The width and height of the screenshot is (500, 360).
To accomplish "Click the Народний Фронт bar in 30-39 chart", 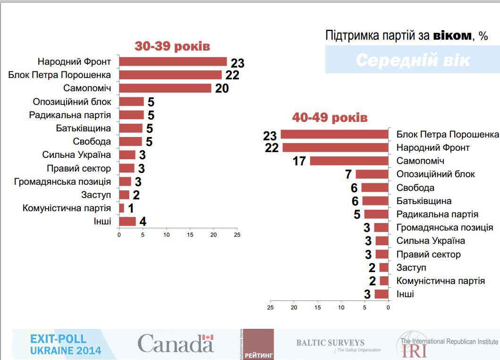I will [x=173, y=61].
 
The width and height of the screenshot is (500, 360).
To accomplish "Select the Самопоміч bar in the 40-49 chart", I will [x=349, y=161].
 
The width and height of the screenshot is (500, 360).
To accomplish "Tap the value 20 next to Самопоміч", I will [x=222, y=88].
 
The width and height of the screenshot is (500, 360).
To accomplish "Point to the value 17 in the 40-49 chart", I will [x=299, y=162].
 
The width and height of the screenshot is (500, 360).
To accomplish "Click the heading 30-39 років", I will [x=172, y=46].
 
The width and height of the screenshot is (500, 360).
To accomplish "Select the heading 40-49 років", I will [x=330, y=118].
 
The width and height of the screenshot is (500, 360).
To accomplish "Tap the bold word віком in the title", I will [x=452, y=36].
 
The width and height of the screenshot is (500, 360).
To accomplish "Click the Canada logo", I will [x=176, y=343].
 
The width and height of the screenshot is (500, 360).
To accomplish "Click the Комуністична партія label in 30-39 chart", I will [x=67, y=208].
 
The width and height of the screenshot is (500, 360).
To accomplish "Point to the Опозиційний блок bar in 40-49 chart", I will [x=372, y=174].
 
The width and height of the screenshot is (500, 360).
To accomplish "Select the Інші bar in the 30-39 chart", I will [x=127, y=221].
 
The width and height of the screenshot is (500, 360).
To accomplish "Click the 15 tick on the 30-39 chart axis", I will [x=190, y=235].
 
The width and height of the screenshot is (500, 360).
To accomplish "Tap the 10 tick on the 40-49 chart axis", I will [x=341, y=308].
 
